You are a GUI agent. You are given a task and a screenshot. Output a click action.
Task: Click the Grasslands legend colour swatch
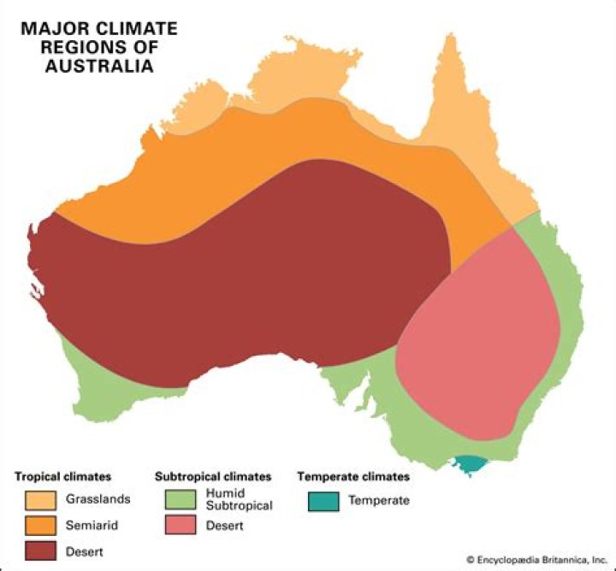click(x=40, y=499)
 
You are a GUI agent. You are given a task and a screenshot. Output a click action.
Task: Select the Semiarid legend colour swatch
click(x=40, y=525)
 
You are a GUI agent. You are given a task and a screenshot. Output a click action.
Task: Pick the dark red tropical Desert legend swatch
click(x=40, y=551)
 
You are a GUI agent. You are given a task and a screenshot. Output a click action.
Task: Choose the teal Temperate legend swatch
click(x=322, y=500)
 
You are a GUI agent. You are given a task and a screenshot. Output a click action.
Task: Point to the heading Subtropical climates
click(x=213, y=476)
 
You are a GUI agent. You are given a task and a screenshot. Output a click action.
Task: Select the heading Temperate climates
click(x=353, y=476)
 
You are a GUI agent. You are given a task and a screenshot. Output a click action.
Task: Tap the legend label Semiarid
click(x=91, y=525)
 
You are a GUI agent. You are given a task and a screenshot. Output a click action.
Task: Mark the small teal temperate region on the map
click(x=469, y=464)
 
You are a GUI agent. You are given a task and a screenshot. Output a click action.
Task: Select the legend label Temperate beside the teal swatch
click(x=379, y=500)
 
